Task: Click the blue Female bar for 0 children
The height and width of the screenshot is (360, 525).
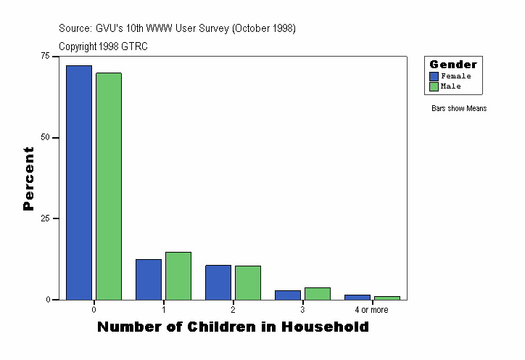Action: [79, 182]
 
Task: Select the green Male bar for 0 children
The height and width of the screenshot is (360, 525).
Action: [108, 186]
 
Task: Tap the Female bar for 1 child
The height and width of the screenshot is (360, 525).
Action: [149, 279]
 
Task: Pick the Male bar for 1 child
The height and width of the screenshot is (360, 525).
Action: [178, 276]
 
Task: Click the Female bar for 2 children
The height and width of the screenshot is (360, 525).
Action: [218, 282]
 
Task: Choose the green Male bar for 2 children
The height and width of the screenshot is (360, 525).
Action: [247, 282]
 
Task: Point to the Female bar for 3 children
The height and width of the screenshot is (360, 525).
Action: [288, 295]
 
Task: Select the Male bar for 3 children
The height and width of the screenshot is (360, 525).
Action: [317, 293]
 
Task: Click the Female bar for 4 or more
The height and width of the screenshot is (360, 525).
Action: [357, 297]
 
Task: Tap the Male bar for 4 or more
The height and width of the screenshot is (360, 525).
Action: [386, 298]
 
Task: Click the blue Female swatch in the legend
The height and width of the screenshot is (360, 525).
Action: [434, 76]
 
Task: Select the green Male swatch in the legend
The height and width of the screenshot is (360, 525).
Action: [434, 86]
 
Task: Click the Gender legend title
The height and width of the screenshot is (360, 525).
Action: [453, 65]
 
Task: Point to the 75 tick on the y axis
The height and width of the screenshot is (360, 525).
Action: [46, 56]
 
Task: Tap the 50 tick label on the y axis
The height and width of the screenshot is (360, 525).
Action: [46, 137]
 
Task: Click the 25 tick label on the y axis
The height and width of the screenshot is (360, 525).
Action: [46, 218]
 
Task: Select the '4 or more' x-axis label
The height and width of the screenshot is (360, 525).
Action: [371, 310]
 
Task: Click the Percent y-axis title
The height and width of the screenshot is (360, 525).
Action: [28, 179]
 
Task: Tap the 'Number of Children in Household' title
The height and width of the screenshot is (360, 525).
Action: [233, 327]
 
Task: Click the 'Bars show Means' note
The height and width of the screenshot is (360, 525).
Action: [459, 109]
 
